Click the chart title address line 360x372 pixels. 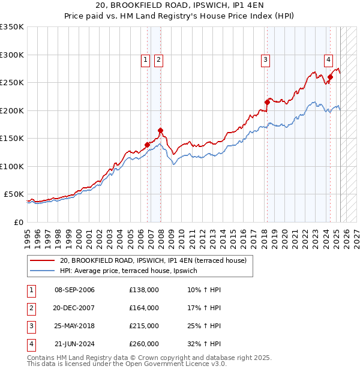point(179,5)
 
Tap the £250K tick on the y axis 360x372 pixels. point(12,82)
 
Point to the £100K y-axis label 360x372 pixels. point(12,166)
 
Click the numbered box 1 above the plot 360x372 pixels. point(146,59)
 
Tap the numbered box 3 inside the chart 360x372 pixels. point(265,59)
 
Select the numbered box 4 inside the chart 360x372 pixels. point(329,59)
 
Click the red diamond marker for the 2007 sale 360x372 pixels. point(161,130)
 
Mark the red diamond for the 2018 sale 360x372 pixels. point(267,102)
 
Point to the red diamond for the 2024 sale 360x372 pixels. point(330,77)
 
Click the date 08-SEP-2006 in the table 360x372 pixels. point(74,290)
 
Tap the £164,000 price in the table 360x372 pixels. point(144,308)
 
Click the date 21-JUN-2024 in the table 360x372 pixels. point(74,344)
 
